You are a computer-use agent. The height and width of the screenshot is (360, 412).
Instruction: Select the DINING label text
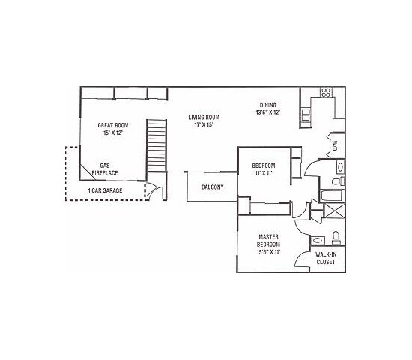point(269,104)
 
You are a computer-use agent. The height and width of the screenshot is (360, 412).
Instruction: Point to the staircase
point(156,145)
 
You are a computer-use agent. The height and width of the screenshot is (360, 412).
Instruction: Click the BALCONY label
point(212,187)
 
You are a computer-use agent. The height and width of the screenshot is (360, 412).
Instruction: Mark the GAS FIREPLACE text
point(104,169)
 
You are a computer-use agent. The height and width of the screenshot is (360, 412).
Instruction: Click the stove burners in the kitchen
point(326,94)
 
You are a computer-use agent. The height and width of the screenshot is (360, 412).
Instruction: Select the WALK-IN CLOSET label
point(325,259)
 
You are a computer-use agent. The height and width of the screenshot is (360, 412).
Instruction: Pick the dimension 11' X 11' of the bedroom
point(263,173)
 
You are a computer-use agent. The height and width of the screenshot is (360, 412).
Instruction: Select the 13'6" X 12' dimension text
point(269,112)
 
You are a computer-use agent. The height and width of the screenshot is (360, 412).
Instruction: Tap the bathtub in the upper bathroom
point(330,196)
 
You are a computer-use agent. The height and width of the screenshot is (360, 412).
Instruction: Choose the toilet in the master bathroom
point(336,238)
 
